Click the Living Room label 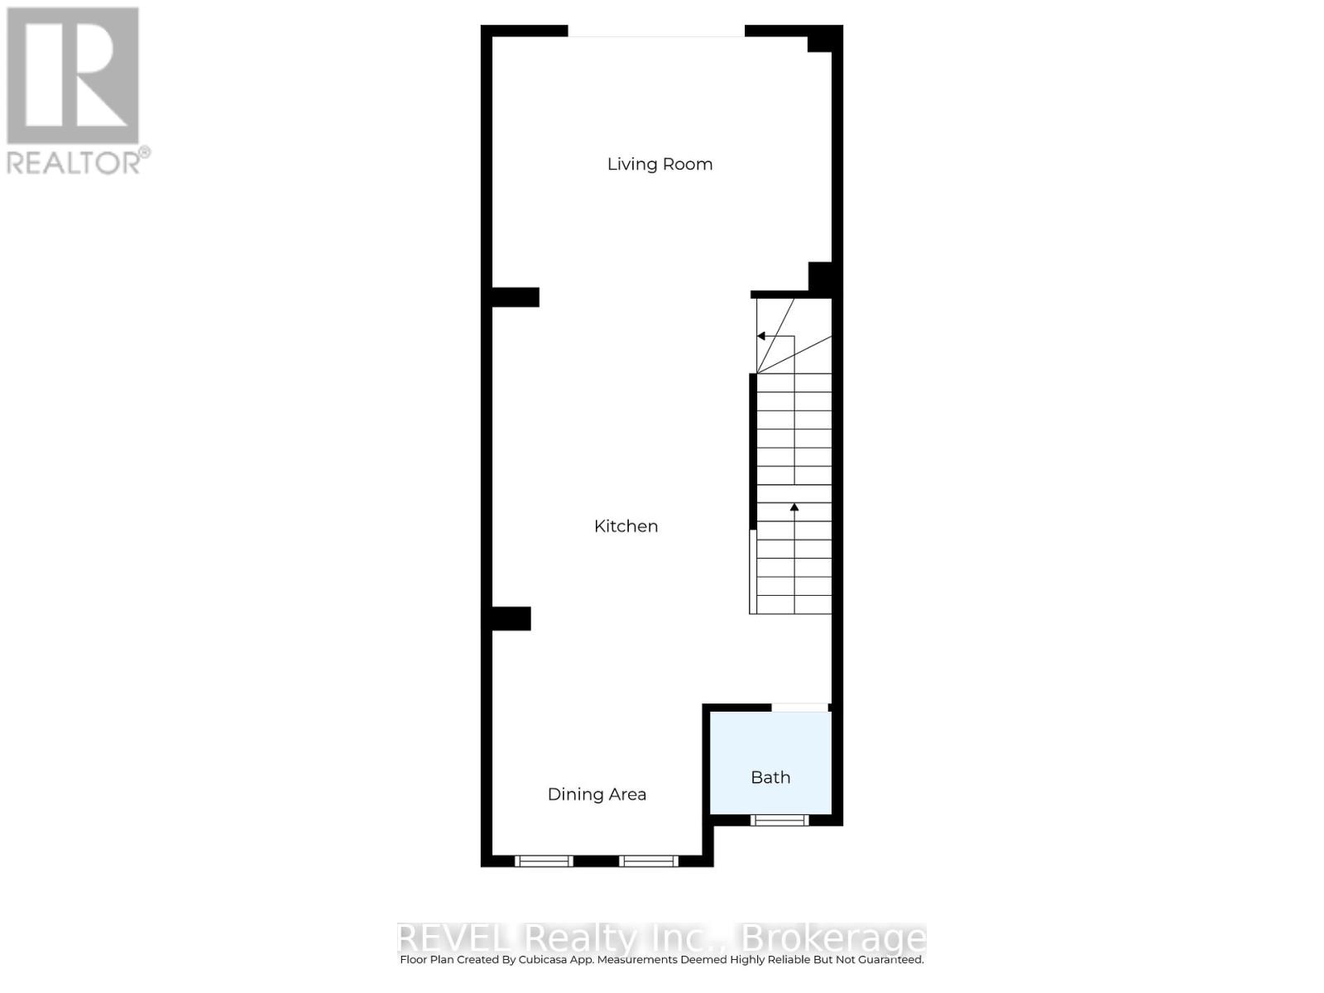660,164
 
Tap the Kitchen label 626,526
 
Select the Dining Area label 597,794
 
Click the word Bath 770,778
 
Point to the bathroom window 779,820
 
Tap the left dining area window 544,861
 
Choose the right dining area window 649,861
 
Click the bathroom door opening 799,708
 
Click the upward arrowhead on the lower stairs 794,506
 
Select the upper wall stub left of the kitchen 516,297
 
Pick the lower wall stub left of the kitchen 511,618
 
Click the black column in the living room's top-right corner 819,40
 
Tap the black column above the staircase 820,277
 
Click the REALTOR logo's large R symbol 73,76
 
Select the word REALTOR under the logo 74,162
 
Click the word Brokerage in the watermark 833,938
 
